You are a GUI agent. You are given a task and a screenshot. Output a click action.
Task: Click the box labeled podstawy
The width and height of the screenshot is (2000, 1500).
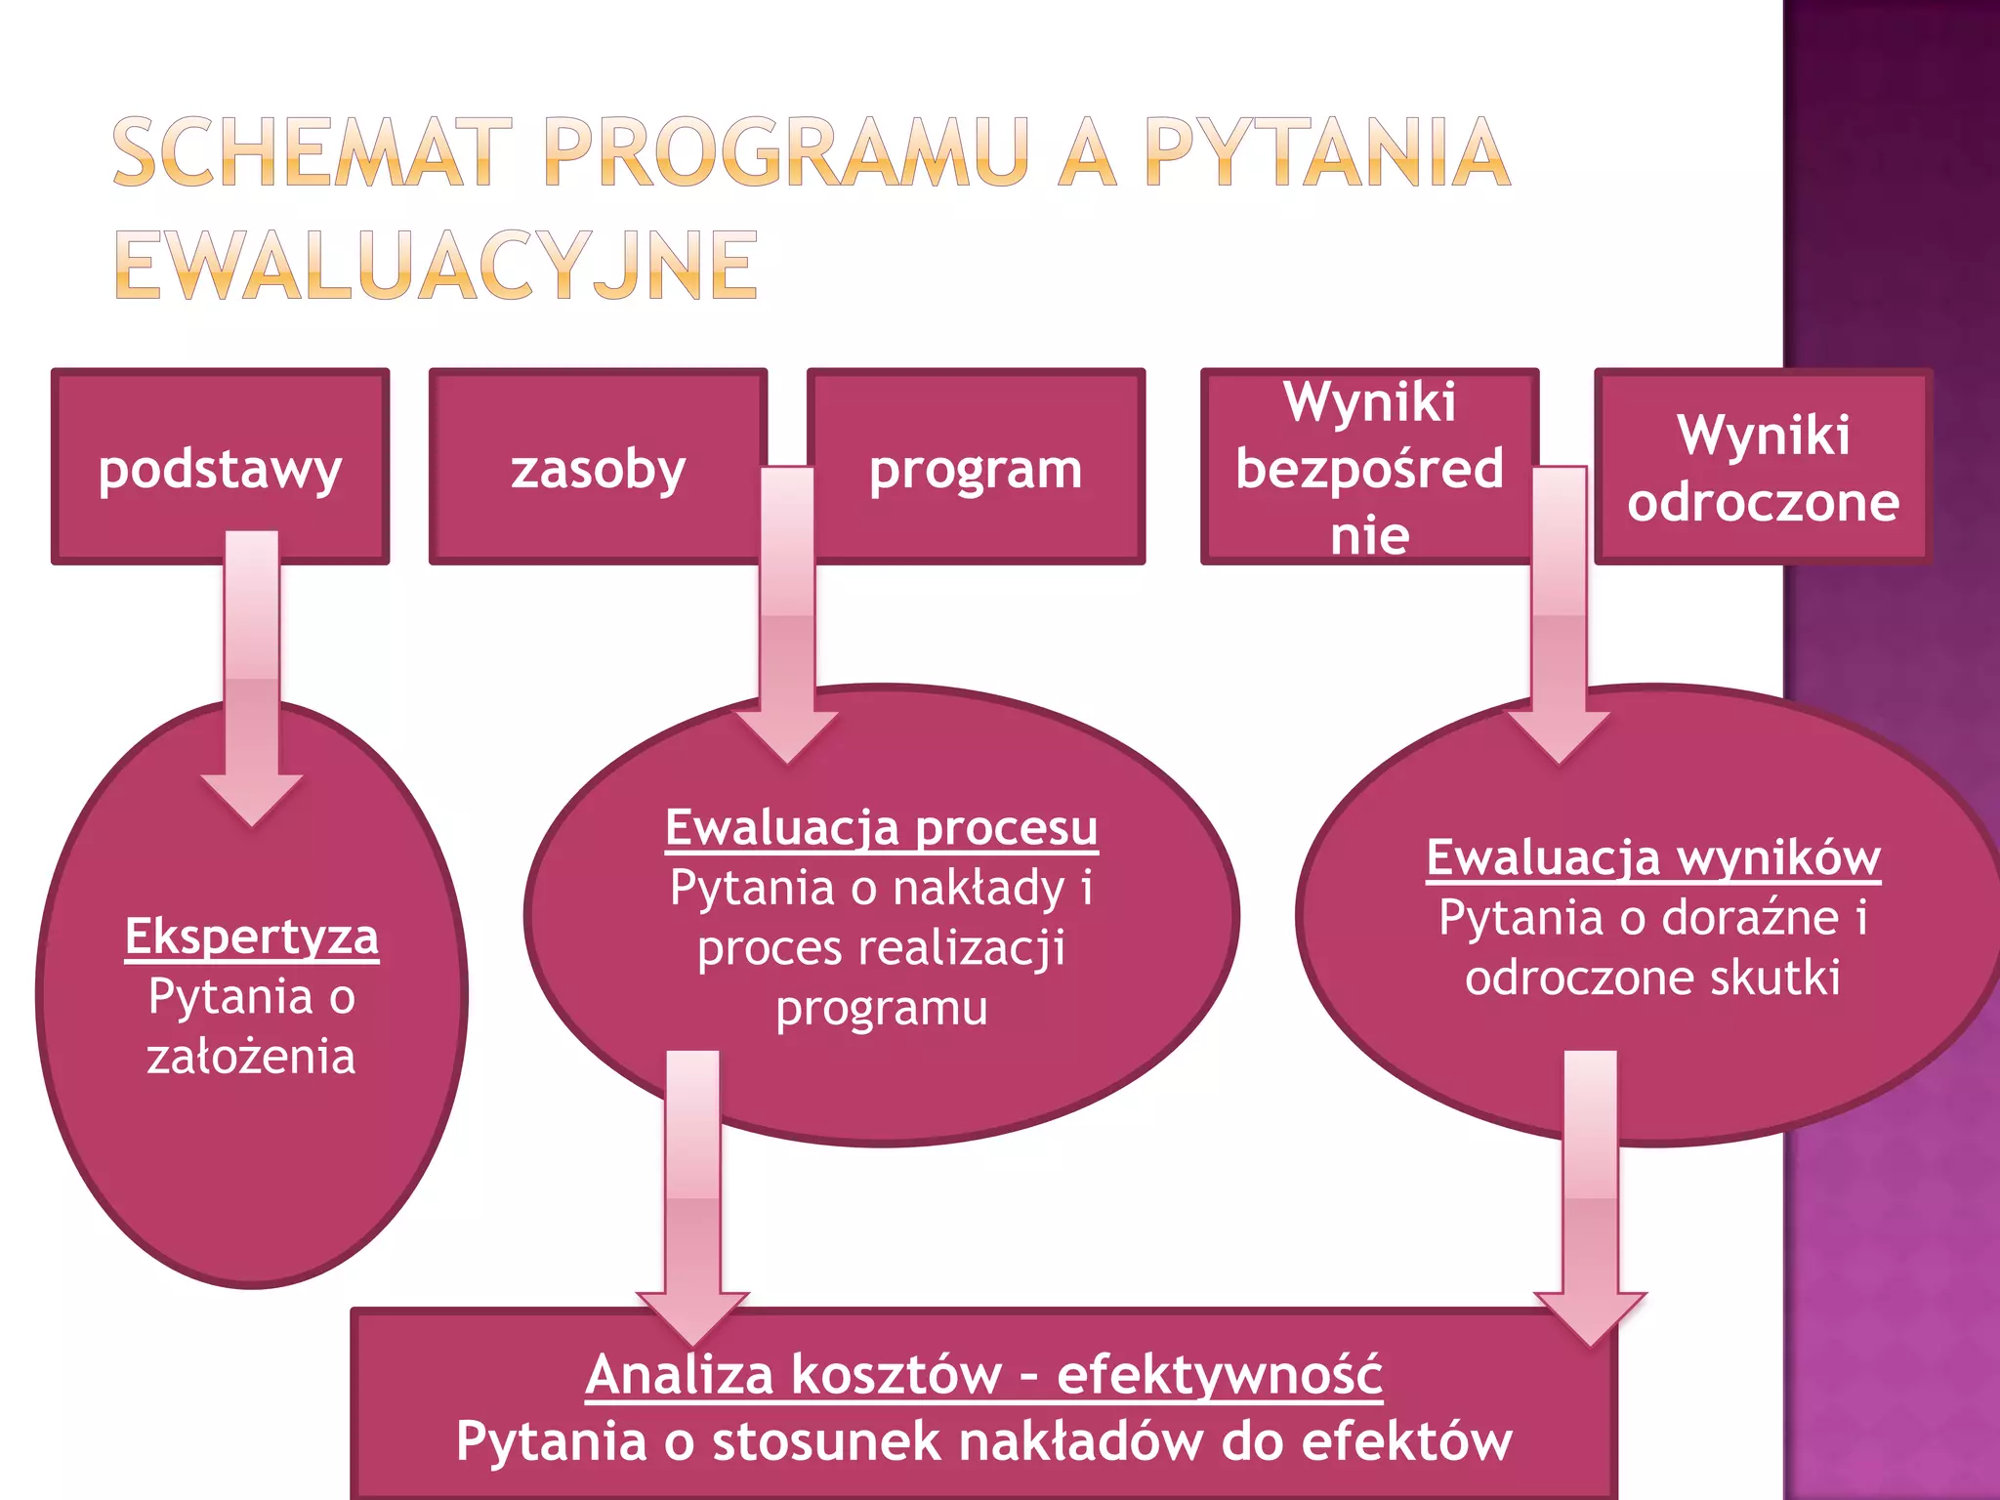tap(220, 467)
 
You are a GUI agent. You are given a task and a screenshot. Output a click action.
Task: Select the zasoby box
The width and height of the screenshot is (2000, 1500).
tap(598, 467)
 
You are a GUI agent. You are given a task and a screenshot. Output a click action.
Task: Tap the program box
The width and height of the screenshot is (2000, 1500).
tap(977, 467)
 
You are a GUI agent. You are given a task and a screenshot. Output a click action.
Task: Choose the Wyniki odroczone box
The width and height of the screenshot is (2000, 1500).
tap(1764, 467)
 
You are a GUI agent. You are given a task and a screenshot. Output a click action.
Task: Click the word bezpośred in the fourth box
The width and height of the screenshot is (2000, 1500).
tap(1369, 468)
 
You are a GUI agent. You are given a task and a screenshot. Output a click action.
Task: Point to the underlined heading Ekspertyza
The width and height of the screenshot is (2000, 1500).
tap(252, 937)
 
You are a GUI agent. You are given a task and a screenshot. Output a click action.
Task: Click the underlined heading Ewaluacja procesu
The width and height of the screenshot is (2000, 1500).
tap(881, 827)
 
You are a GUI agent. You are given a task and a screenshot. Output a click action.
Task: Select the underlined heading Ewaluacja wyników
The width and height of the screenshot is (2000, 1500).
tap(1653, 857)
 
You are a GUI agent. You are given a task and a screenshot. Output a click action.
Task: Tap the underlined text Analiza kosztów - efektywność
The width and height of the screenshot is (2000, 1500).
tap(983, 1374)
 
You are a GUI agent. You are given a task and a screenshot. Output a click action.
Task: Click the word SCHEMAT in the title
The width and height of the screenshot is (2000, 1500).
tap(312, 152)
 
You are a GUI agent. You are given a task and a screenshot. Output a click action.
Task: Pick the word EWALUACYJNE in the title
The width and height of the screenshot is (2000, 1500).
tap(436, 266)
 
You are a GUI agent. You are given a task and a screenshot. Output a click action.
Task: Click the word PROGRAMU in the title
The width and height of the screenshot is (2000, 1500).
tap(786, 152)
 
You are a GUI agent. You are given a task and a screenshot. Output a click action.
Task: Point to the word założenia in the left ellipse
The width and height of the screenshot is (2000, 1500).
tap(252, 1057)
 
